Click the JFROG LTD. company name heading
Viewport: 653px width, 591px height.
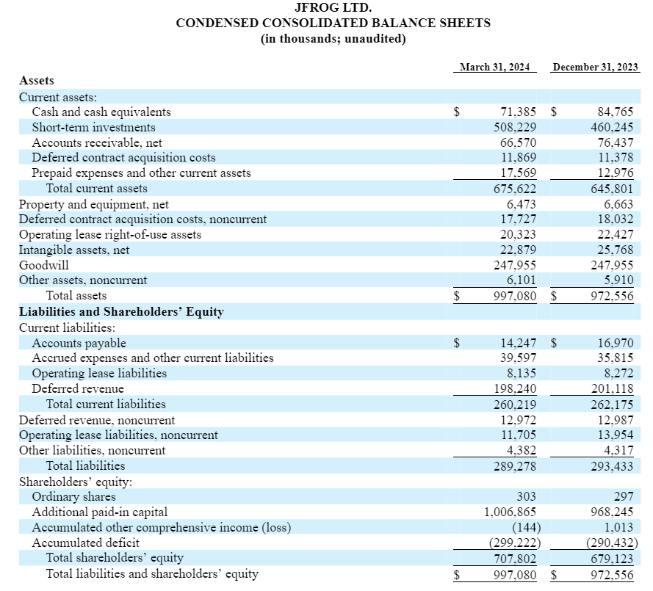point(333,8)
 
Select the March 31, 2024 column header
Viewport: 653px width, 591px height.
point(494,68)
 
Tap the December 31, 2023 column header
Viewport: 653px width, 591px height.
point(595,68)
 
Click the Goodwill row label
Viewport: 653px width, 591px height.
point(44,265)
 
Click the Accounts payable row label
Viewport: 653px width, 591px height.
point(79,343)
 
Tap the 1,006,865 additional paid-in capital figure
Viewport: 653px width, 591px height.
point(510,512)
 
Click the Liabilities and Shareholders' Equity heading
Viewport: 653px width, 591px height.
point(121,311)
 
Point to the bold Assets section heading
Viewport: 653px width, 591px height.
point(37,81)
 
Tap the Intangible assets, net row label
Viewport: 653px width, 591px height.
point(74,250)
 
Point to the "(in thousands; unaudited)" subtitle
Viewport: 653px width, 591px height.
point(333,38)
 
